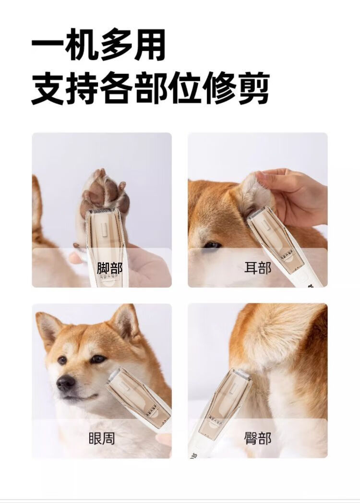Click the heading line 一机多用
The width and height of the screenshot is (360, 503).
(x=98, y=44)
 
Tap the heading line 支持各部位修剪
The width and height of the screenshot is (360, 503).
(x=150, y=87)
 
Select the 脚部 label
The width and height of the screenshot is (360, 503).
(x=110, y=268)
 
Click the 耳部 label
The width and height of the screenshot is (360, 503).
(x=258, y=268)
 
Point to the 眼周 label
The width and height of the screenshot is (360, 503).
(x=102, y=438)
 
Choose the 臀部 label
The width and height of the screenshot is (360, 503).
(x=258, y=438)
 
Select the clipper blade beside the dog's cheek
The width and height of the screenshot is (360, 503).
(x=114, y=375)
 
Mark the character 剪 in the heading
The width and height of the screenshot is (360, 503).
(x=253, y=87)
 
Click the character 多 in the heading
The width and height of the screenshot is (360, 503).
(x=116, y=44)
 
